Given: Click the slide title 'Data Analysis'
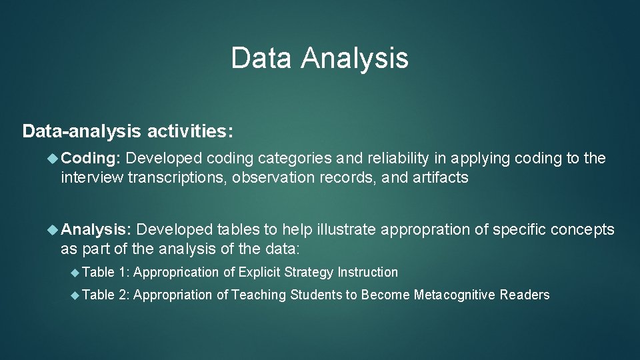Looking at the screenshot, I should (x=319, y=58).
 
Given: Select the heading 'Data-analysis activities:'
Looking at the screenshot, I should (x=128, y=131).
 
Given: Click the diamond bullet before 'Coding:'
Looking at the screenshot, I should (x=53, y=159).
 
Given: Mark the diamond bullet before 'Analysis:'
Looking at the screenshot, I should (x=53, y=230).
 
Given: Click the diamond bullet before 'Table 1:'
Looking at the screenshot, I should (x=75, y=272).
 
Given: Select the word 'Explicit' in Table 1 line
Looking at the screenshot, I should (x=260, y=272).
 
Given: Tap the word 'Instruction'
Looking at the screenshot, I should (x=367, y=272).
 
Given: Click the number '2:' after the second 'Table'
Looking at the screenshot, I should (x=123, y=295).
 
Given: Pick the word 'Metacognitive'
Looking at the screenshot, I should (x=455, y=295).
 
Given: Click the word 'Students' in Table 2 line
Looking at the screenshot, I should (x=316, y=295).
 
